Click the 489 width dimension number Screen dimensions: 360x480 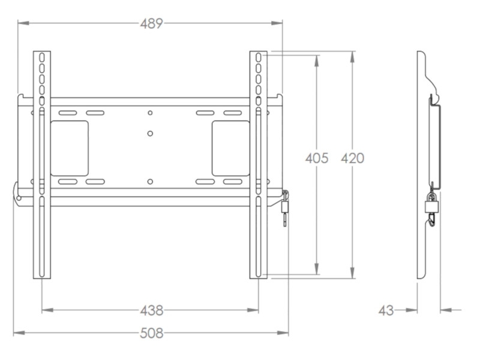[151, 23]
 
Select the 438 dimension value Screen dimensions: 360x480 [151, 310]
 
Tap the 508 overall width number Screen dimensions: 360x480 [151, 333]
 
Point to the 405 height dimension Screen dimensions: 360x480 [317, 158]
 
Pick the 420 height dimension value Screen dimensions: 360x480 [352, 158]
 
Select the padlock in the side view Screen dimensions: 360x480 [431, 206]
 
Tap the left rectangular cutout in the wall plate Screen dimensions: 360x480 [70, 148]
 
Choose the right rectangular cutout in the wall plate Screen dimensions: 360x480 [230, 148]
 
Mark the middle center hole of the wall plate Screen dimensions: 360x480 [150, 133]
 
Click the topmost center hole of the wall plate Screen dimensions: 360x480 [150, 113]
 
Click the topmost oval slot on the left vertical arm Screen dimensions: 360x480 [42, 58]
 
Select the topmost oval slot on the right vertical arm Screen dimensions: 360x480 [258, 58]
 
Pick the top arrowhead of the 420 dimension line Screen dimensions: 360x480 [352, 55]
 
